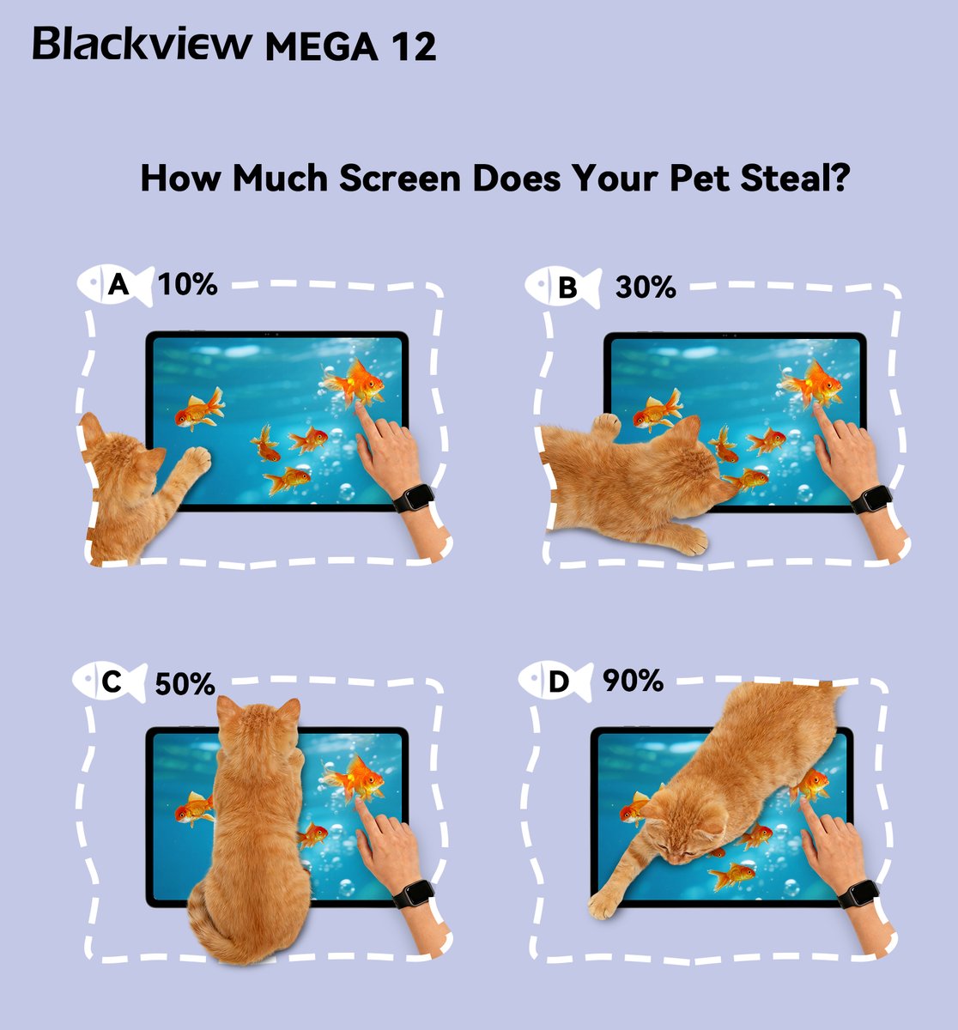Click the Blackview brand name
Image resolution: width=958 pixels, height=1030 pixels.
[142, 43]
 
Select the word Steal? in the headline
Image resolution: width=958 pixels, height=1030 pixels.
[795, 178]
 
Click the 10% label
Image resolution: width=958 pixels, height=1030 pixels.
[188, 284]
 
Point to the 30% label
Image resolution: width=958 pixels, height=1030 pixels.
[646, 287]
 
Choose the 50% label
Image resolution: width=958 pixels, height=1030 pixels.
[185, 683]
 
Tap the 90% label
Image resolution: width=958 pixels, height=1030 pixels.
[633, 680]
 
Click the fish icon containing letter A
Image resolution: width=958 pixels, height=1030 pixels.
[116, 285]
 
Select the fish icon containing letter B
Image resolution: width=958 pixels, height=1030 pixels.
[563, 288]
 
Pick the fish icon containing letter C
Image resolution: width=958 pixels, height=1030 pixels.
[110, 682]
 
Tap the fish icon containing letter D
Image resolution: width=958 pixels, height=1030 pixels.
[556, 682]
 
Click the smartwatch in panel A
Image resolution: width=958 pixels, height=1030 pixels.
[414, 498]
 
